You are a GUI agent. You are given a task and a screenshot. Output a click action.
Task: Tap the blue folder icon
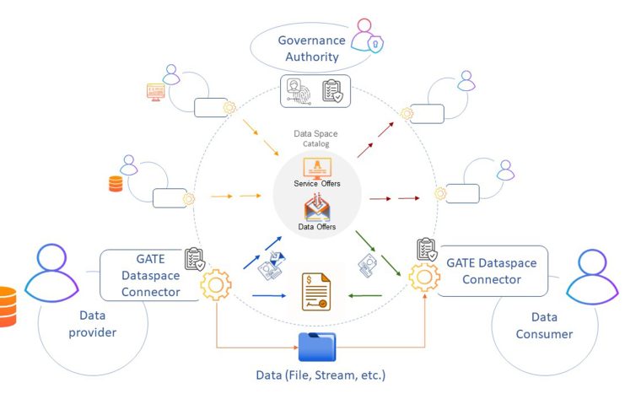tap(317, 347)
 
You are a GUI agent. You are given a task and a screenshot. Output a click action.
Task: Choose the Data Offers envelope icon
tap(316, 208)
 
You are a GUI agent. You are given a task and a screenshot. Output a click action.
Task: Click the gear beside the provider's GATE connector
tap(216, 285)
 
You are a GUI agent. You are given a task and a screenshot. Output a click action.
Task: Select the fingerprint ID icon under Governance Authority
tap(299, 90)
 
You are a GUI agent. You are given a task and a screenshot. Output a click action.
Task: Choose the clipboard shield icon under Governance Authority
tap(332, 90)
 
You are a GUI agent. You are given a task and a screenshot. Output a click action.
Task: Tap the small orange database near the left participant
tap(116, 182)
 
